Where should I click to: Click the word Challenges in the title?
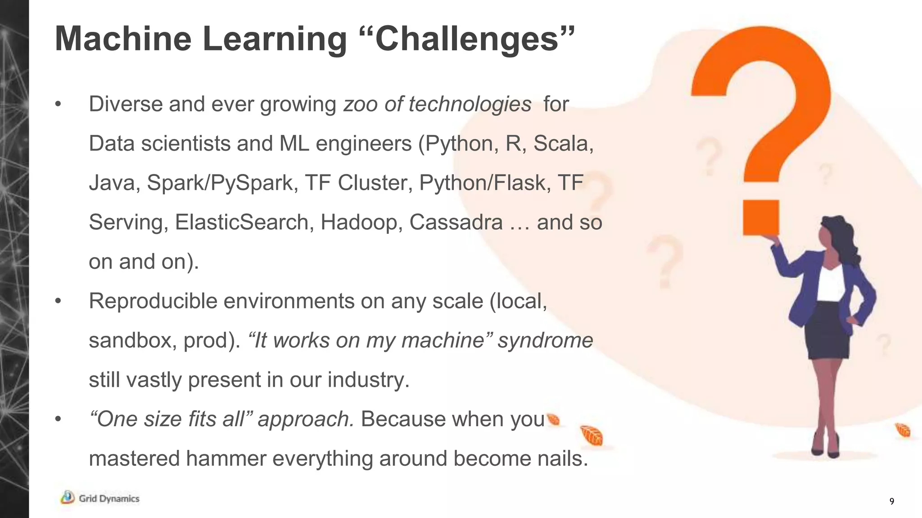point(468,40)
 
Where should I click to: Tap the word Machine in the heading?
point(123,39)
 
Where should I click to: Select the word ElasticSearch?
point(241,222)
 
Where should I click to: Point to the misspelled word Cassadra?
point(456,222)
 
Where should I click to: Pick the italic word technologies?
point(470,104)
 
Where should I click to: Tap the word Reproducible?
point(153,301)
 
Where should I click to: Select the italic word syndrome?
point(545,340)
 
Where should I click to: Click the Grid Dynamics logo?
point(100,498)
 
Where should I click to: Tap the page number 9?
point(892,502)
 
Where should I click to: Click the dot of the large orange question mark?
point(761,218)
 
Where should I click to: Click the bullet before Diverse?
point(58,105)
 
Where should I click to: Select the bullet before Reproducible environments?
point(58,301)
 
